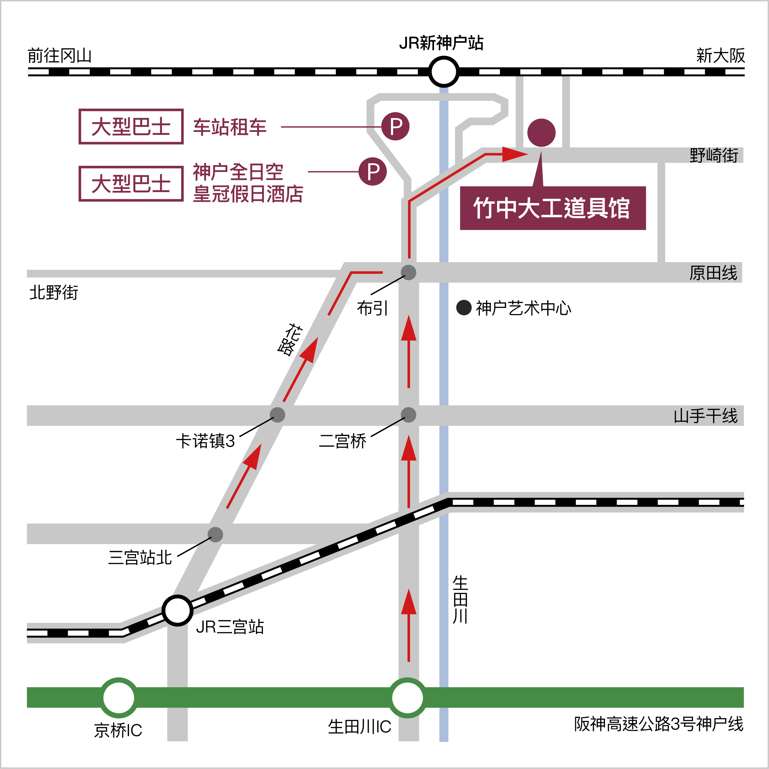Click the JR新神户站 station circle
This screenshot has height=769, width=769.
point(444,72)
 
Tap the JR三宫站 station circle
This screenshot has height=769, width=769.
point(177,610)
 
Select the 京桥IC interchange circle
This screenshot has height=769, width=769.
point(119,698)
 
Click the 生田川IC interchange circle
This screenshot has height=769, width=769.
point(407,698)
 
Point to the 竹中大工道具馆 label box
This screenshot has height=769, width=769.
point(552,208)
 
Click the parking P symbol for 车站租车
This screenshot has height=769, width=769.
point(395,127)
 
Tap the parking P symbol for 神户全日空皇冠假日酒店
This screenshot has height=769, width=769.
point(373,172)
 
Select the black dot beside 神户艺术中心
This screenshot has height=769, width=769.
point(464,307)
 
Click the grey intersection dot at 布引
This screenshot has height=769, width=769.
point(408,273)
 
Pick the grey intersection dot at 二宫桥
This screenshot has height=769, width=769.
point(408,415)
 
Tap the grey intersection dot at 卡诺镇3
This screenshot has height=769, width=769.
point(277,415)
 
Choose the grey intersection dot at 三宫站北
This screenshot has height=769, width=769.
point(215,535)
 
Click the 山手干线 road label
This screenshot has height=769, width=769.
point(705,416)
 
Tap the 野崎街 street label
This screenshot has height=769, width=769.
point(714,155)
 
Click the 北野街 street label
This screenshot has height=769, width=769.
point(54,292)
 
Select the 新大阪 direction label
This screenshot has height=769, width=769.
point(720,56)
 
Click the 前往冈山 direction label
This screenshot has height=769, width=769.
point(60,56)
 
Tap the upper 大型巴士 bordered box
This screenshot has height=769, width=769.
point(131,127)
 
